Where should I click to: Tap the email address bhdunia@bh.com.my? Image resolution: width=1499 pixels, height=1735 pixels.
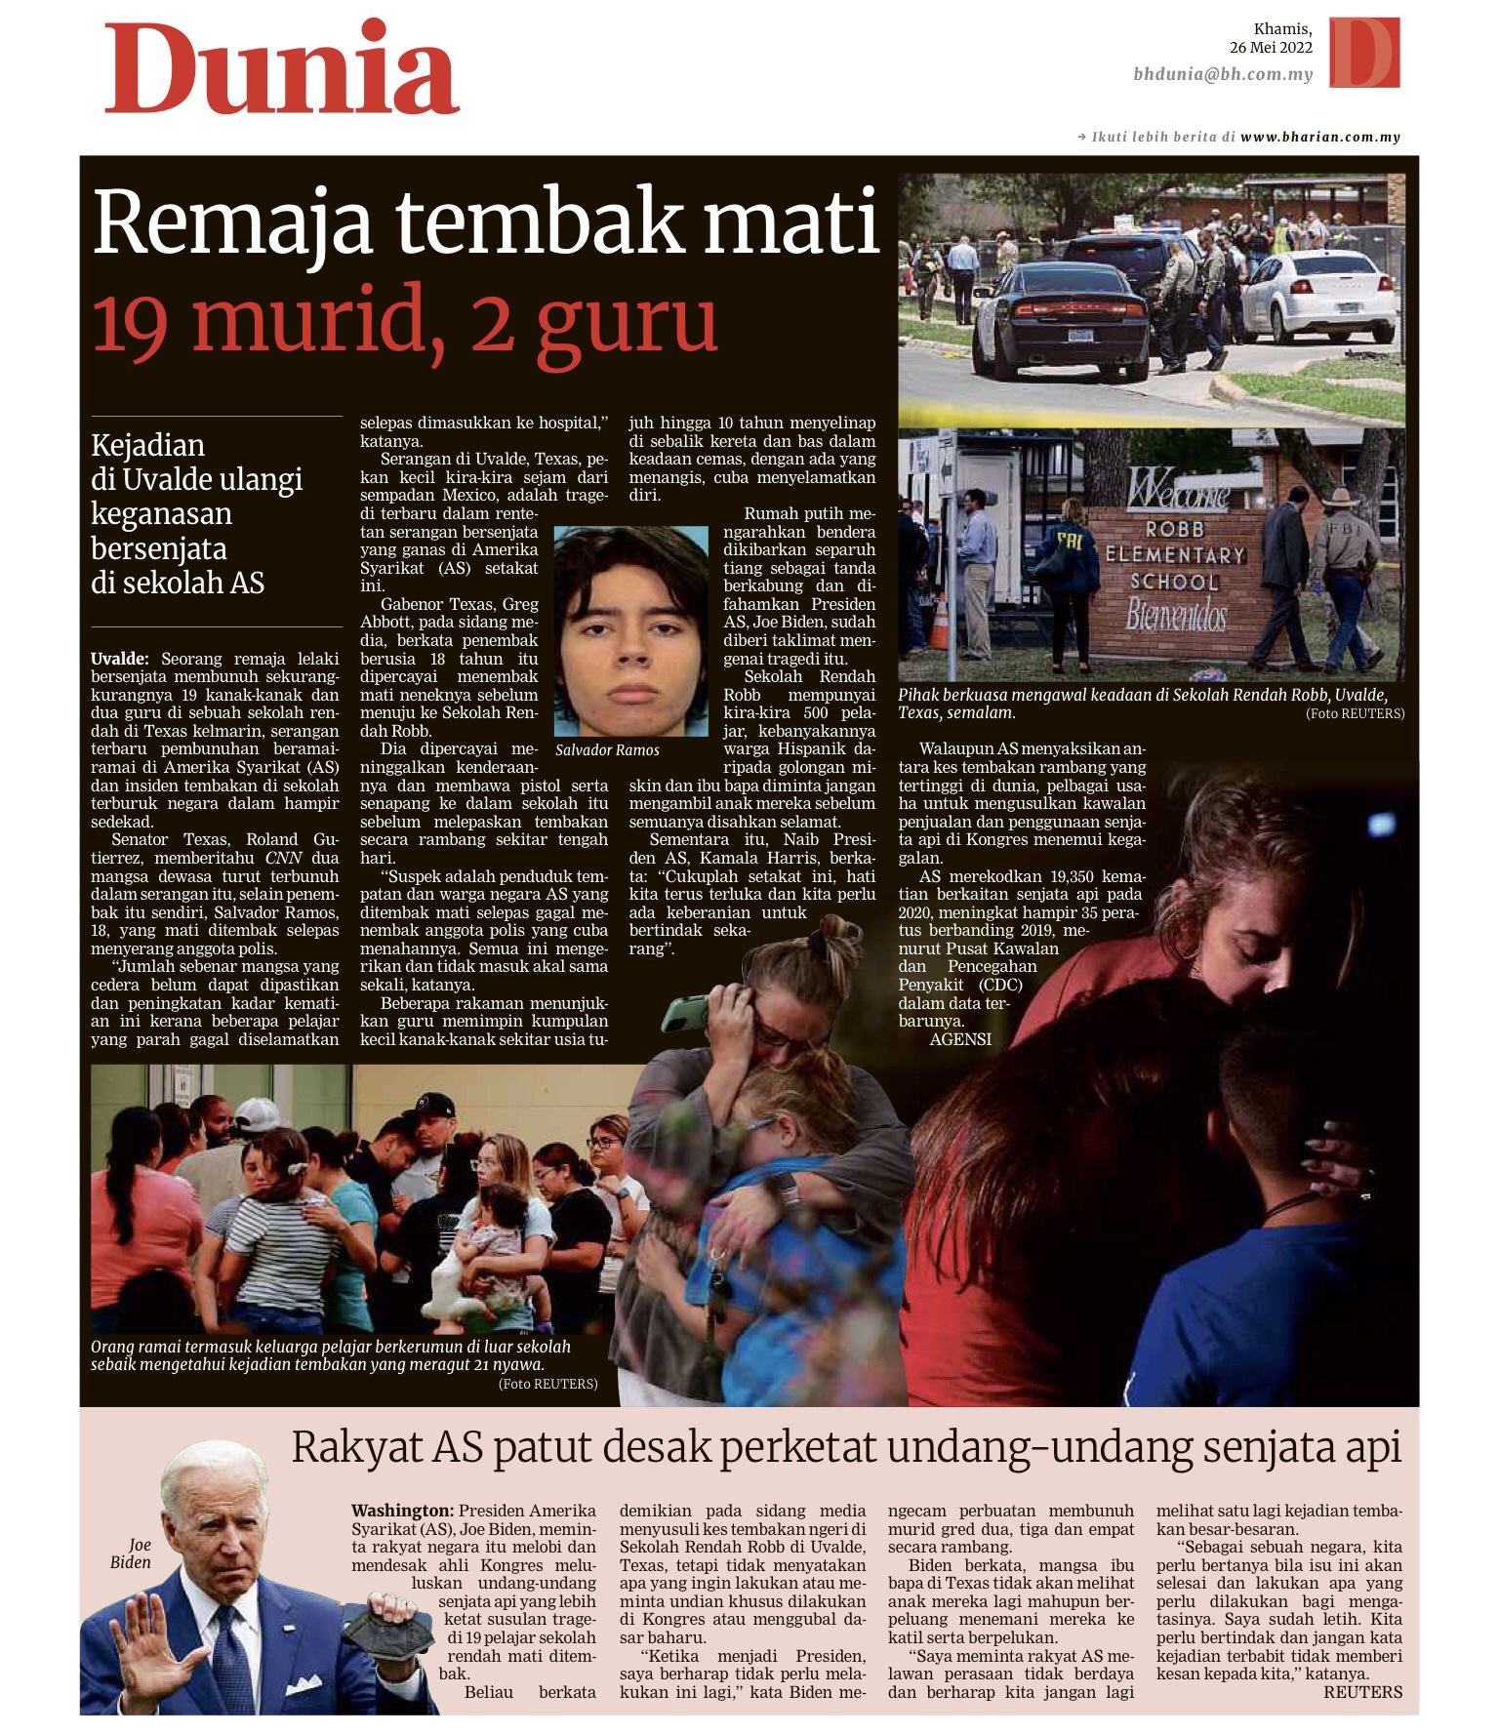tap(1222, 74)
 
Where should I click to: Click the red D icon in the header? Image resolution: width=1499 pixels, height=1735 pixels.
tap(1363, 53)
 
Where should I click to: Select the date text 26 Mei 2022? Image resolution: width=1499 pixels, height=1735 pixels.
tap(1270, 48)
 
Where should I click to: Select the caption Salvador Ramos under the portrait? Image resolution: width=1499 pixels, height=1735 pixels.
tap(607, 750)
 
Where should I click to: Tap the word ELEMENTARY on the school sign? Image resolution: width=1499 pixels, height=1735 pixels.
tap(1175, 555)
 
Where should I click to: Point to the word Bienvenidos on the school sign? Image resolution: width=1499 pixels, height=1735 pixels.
tap(1176, 616)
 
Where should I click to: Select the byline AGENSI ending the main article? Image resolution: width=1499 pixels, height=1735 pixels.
tap(960, 1040)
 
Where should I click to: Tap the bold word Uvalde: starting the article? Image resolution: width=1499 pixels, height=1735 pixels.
tap(120, 659)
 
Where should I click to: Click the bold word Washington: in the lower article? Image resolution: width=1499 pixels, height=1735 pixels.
tap(402, 1511)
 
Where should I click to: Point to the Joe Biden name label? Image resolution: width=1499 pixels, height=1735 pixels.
tap(132, 1553)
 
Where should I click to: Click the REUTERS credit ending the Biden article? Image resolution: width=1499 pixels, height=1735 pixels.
tap(1362, 1692)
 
